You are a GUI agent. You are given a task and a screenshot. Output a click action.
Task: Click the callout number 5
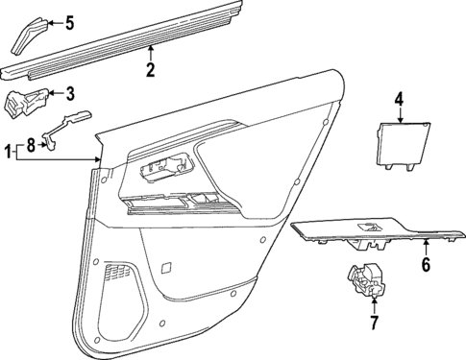(68, 22)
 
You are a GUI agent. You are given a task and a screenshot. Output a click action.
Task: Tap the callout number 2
(150, 69)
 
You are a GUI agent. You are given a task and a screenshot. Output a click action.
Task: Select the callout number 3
(69, 92)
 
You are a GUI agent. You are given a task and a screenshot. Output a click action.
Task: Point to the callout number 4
(398, 98)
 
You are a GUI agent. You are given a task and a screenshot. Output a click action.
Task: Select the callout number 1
(11, 150)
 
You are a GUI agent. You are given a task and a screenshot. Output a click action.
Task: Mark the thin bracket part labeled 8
(67, 126)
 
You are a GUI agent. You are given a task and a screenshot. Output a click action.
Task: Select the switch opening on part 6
(369, 227)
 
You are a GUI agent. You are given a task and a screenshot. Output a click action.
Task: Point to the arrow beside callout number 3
(54, 92)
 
